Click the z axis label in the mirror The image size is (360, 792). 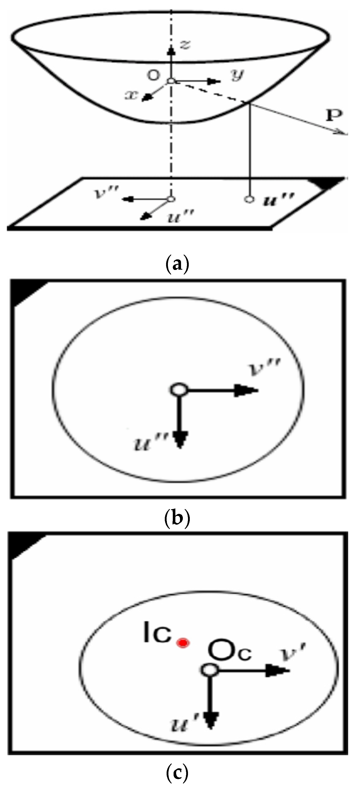(x=185, y=45)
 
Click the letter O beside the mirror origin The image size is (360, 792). (x=152, y=75)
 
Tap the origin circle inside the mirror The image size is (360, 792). (x=171, y=81)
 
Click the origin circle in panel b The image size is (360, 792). (x=178, y=389)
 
